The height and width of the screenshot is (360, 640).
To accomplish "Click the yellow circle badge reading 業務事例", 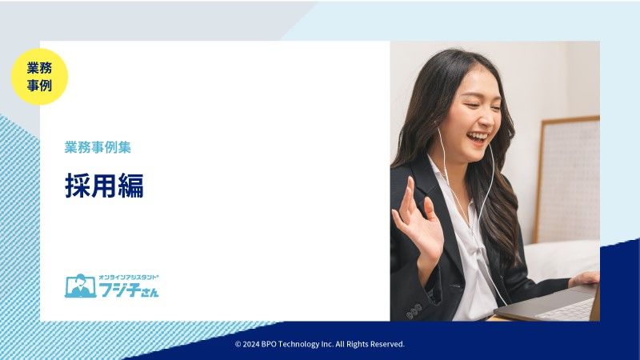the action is pyautogui.click(x=39, y=77).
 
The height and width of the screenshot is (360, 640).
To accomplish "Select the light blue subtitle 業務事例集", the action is pyautogui.click(x=98, y=147).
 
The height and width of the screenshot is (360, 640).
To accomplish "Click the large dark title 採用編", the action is pyautogui.click(x=104, y=186).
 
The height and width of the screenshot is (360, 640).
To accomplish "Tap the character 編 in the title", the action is pyautogui.click(x=131, y=186).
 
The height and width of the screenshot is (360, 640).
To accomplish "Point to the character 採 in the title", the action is pyautogui.click(x=78, y=186).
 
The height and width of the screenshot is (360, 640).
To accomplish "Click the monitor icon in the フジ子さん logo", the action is pyautogui.click(x=80, y=286).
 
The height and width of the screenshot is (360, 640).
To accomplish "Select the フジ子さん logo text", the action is pyautogui.click(x=129, y=290).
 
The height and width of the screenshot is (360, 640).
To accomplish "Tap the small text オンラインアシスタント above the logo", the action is pyautogui.click(x=129, y=277).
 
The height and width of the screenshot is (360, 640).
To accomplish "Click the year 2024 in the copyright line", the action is pyautogui.click(x=251, y=344).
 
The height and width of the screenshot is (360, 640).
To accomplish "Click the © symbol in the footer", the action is pyautogui.click(x=238, y=345).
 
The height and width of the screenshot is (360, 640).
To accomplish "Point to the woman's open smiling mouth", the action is pyautogui.click(x=477, y=138).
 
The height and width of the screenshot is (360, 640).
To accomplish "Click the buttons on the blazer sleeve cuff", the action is pyautogui.click(x=414, y=311).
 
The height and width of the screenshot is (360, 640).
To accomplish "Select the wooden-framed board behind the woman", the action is pyautogui.click(x=567, y=179).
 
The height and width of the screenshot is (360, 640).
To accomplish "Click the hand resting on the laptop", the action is pyautogui.click(x=584, y=278).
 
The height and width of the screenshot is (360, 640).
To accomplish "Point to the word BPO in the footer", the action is pyautogui.click(x=269, y=344).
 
